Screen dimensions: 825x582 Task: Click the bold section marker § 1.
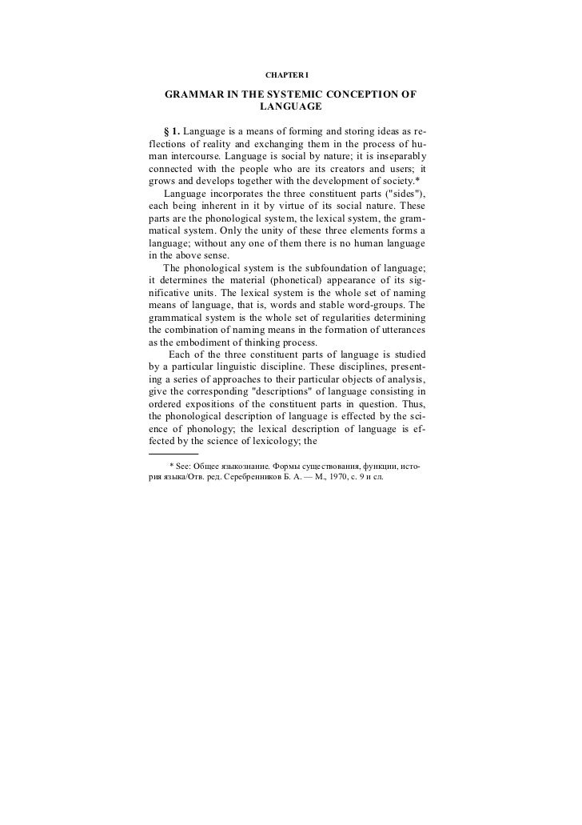[171, 130]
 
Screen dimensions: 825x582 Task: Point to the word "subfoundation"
[329, 270]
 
